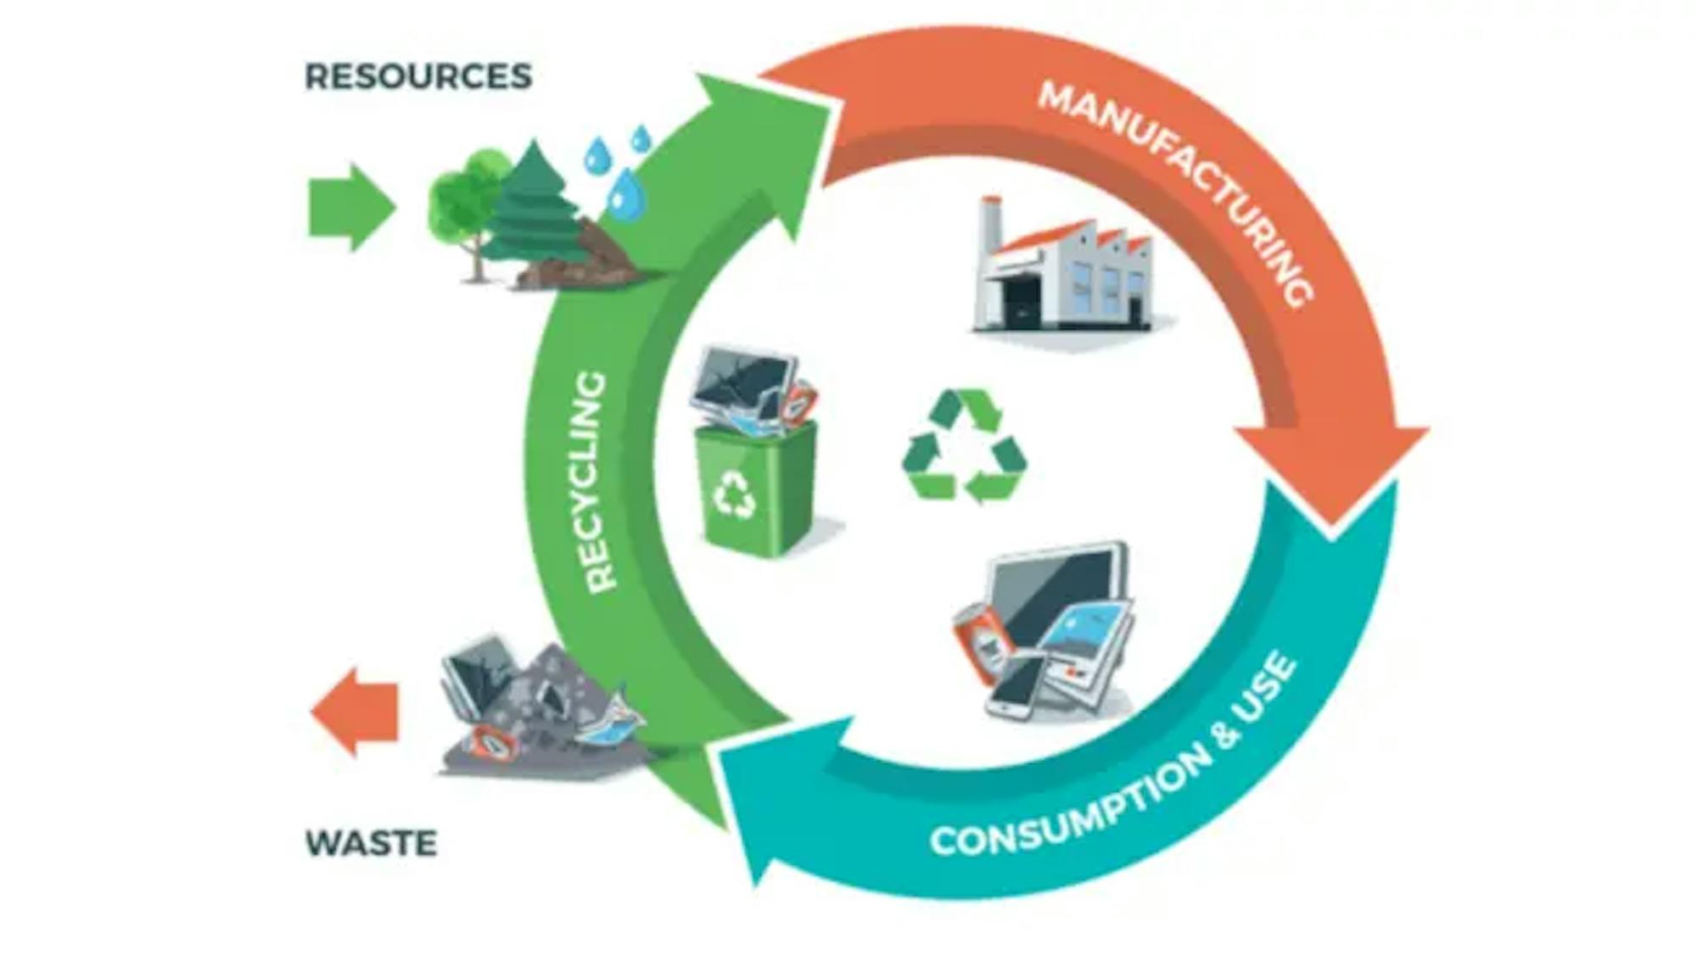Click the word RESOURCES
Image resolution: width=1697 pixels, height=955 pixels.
pos(418,76)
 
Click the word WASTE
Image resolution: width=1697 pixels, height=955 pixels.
pos(371,843)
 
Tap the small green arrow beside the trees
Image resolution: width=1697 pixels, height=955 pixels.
pos(350,207)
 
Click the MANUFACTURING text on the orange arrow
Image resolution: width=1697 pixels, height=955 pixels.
pos(1176,187)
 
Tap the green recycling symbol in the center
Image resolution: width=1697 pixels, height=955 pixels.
pos(965,446)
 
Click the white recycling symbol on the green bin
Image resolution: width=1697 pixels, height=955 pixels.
pos(734,494)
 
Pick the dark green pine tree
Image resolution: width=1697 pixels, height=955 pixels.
pos(535,204)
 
